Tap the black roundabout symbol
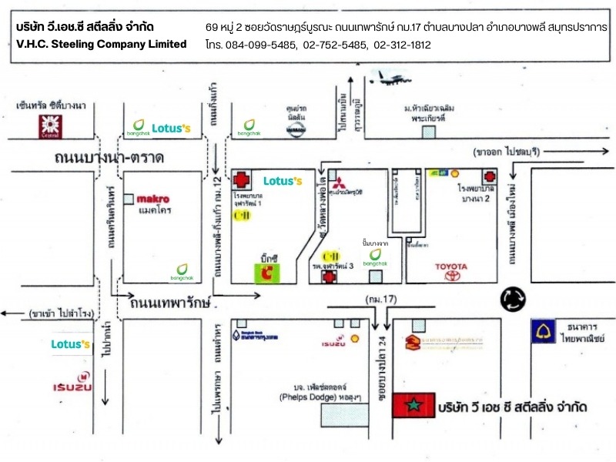(x=514, y=300)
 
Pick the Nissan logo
(x=295, y=132)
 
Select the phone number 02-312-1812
(x=402, y=45)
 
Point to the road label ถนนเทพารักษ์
(x=170, y=302)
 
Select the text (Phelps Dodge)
(x=307, y=397)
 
